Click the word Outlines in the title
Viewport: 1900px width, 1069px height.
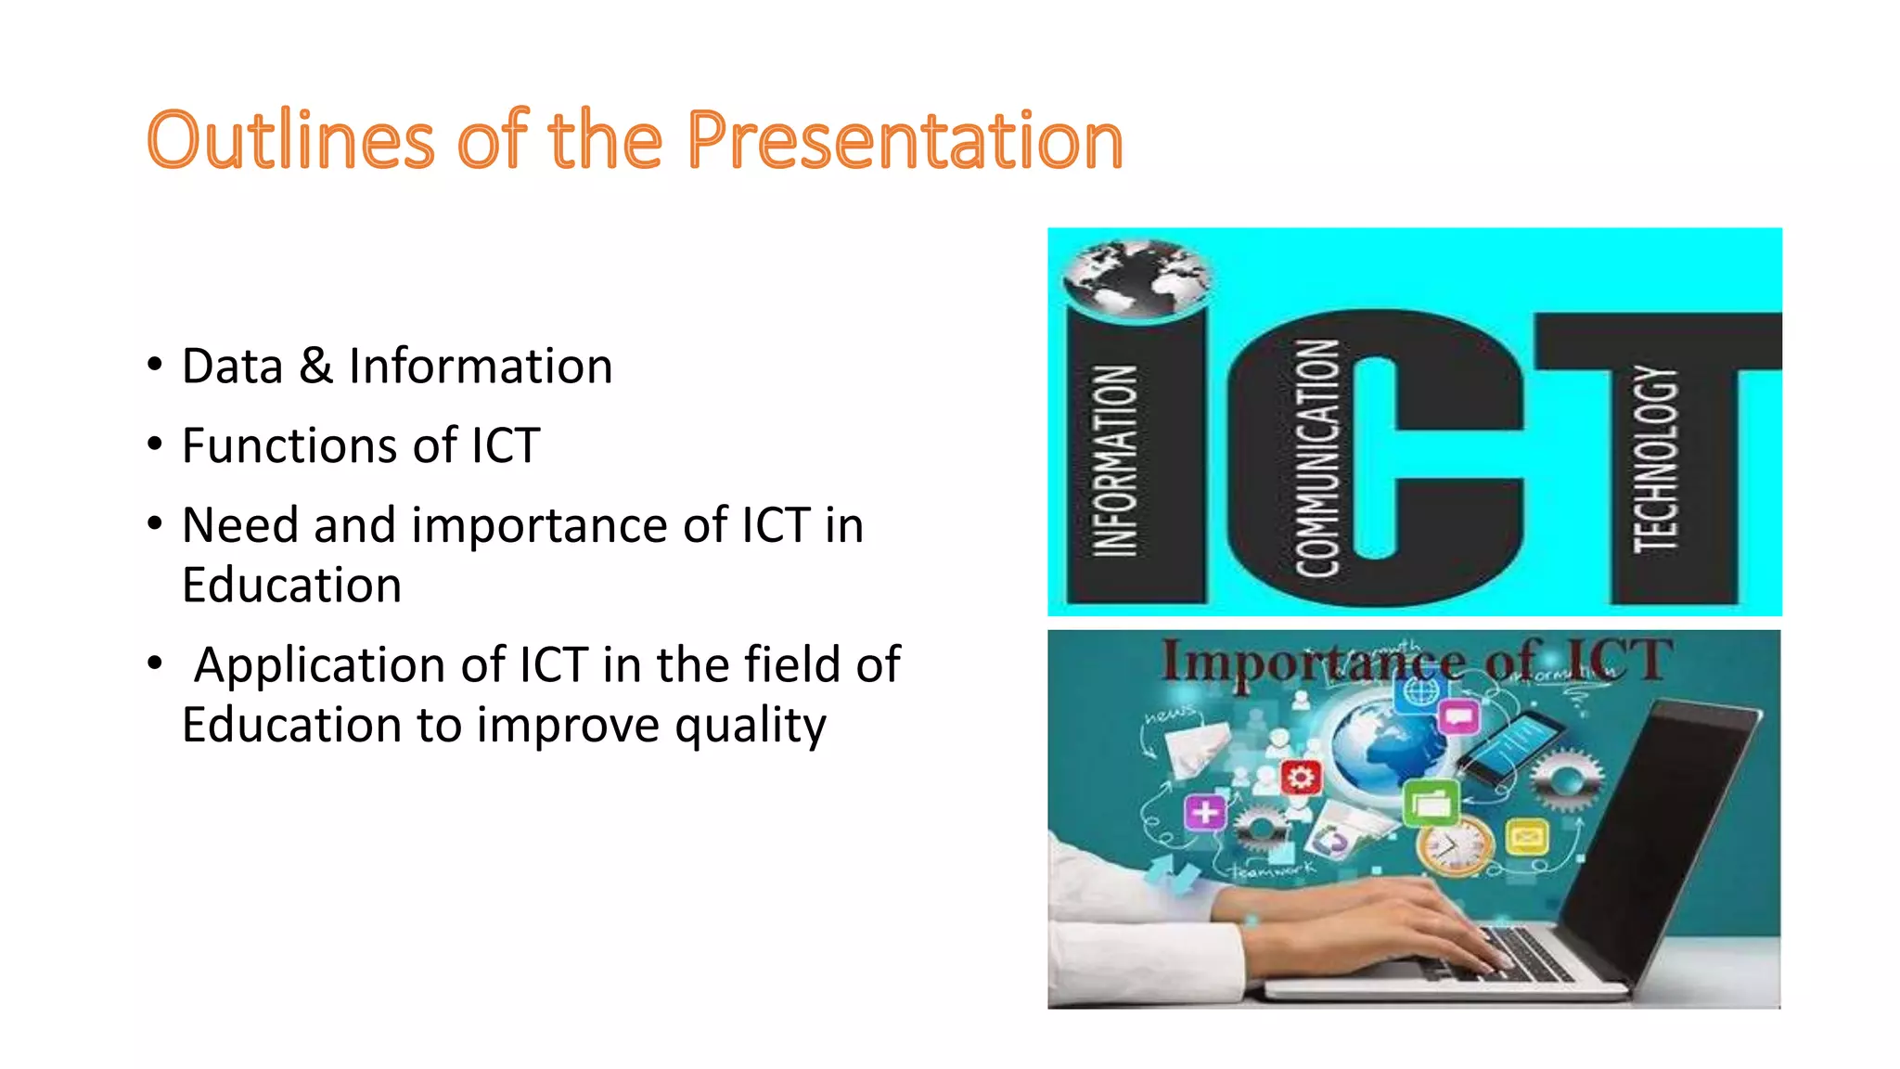pos(290,140)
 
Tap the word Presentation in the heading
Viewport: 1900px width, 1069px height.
pos(905,142)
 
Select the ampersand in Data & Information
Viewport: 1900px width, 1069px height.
pos(315,366)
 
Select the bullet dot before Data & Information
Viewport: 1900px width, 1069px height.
pos(155,364)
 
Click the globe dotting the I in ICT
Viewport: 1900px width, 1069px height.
pos(1136,277)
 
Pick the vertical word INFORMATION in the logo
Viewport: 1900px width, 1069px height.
pos(1115,460)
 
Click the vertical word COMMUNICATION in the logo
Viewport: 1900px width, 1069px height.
pos(1317,458)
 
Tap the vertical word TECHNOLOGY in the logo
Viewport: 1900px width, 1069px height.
pos(1656,458)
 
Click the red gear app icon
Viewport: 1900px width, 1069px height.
pos(1301,777)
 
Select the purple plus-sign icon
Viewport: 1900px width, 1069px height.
pos(1205,813)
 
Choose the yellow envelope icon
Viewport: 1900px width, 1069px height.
pos(1526,838)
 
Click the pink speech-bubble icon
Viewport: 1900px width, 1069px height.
pos(1458,716)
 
